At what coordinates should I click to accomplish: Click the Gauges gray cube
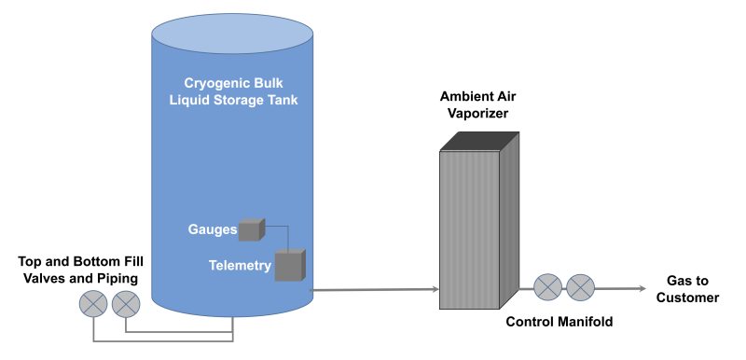[251, 229]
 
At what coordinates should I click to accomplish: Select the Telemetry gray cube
[289, 266]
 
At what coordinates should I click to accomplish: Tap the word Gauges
[212, 229]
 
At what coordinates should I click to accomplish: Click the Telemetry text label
[240, 266]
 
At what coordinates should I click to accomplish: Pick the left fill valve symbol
[92, 303]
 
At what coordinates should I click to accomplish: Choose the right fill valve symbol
[126, 303]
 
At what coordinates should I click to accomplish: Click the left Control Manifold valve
[547, 288]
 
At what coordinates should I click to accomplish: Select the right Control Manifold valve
[581, 288]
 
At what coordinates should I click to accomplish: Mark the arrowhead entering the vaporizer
[435, 290]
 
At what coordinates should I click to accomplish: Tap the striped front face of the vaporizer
[470, 228]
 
